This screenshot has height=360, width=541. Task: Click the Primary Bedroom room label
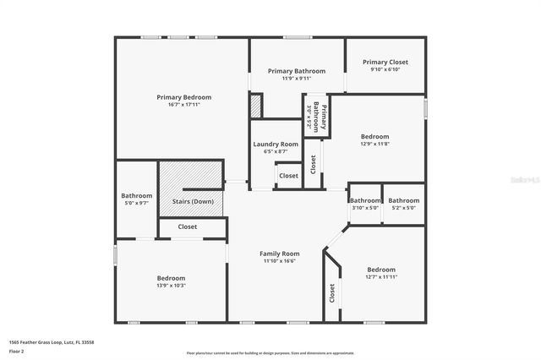tap(183, 97)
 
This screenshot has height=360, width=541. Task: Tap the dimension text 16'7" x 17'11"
tap(183, 105)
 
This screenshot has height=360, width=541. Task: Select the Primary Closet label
tap(385, 62)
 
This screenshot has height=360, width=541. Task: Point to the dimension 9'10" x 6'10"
tap(385, 69)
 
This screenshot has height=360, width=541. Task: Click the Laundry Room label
tap(276, 145)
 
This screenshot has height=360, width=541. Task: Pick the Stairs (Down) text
tap(193, 201)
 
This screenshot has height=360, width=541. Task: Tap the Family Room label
tap(279, 254)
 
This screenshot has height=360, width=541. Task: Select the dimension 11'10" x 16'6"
tap(279, 261)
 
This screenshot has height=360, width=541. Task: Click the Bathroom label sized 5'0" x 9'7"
tap(137, 195)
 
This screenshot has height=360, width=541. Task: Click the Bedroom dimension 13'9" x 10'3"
tap(171, 286)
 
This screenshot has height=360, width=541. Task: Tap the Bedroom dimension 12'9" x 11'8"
tap(375, 145)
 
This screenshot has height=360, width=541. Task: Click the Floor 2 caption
tap(15, 350)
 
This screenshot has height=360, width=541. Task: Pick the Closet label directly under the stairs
tap(187, 226)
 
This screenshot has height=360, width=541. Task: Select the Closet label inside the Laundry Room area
tap(288, 176)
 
